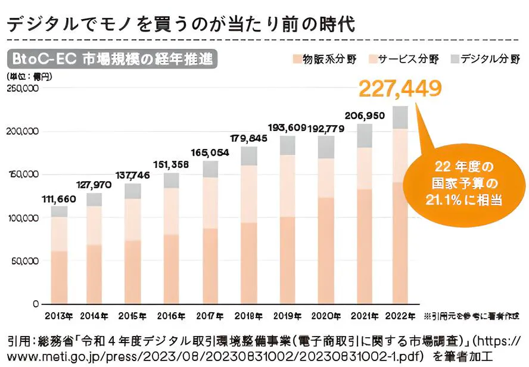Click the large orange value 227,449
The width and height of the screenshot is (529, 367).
pyautogui.click(x=400, y=88)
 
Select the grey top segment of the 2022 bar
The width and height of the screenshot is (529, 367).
pyautogui.click(x=400, y=117)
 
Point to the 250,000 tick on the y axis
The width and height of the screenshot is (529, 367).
pyautogui.click(x=22, y=88)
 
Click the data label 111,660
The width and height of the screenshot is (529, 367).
pyautogui.click(x=59, y=199)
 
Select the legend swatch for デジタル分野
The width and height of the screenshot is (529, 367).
pyautogui.click(x=454, y=59)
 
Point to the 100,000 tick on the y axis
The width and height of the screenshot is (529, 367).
pyautogui.click(x=22, y=218)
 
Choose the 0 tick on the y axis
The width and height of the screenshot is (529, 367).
pyautogui.click(x=35, y=304)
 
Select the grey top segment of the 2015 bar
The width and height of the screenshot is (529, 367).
pyautogui.click(x=133, y=191)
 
